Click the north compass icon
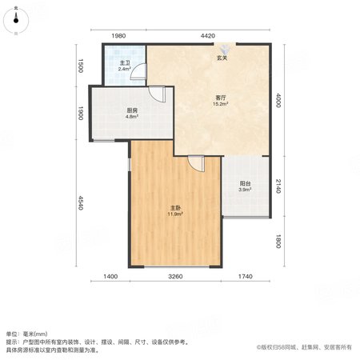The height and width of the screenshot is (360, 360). (x=16, y=20)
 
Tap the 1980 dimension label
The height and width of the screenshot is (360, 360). (x=118, y=36)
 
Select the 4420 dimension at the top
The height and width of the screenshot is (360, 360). (x=208, y=36)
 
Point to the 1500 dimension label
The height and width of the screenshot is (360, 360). (x=80, y=66)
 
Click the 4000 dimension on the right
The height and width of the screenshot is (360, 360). (x=278, y=100)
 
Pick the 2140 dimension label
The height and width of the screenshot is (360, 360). (x=278, y=186)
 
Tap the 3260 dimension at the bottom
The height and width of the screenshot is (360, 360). (x=175, y=277)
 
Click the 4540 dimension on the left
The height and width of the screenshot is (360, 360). (x=80, y=203)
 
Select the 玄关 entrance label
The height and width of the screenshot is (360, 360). (x=222, y=58)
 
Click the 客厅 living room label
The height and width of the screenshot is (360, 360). (x=220, y=98)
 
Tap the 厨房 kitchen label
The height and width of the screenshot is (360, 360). (x=132, y=110)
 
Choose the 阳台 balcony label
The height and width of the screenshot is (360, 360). (x=245, y=184)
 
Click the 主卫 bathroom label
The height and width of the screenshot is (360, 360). (x=125, y=63)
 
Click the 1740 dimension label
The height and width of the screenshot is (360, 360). (x=246, y=277)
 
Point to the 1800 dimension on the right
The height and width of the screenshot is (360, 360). (x=278, y=242)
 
